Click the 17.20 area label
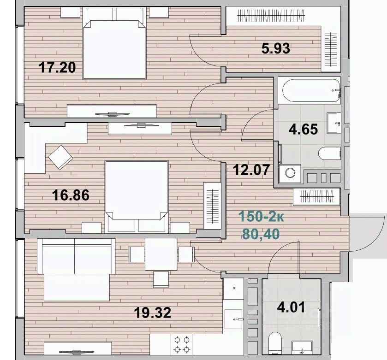coord(57,67)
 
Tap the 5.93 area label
coord(276,48)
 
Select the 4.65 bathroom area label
coord(304,129)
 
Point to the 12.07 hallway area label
coord(251,170)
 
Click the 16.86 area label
coord(71,195)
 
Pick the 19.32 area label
coord(153,313)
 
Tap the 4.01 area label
coord(291,307)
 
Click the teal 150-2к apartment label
coord(262,217)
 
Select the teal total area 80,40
coord(261,234)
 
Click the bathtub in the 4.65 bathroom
coord(311,90)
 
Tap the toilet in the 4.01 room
coord(275,342)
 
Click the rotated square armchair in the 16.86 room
coord(60,157)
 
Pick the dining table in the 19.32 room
coord(161,254)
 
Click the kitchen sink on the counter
coord(233,319)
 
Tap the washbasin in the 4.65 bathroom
coord(334,123)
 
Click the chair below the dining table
coord(161,279)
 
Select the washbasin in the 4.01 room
coord(302,347)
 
